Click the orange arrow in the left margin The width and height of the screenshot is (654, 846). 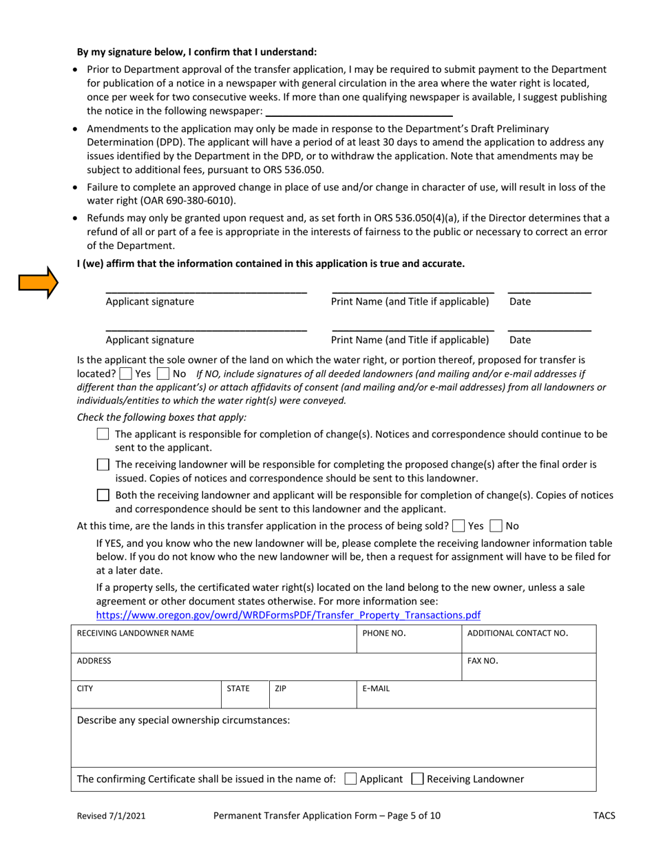(x=39, y=282)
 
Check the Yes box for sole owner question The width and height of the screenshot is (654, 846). (x=125, y=373)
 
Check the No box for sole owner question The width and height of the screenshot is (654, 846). (x=163, y=373)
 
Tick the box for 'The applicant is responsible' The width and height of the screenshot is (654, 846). (x=103, y=434)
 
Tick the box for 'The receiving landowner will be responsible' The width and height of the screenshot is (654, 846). (x=103, y=464)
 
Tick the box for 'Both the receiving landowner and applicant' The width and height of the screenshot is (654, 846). (x=103, y=495)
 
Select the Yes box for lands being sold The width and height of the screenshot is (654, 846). (x=458, y=526)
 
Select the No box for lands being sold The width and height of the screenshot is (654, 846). (x=496, y=526)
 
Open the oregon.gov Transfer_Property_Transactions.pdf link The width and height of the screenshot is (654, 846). (x=288, y=614)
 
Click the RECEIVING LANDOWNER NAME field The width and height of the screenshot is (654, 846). (x=213, y=640)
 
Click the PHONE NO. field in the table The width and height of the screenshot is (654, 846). (x=408, y=640)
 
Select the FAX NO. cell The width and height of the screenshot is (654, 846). (x=528, y=667)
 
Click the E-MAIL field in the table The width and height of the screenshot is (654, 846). (x=475, y=695)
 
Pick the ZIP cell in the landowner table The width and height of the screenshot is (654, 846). (x=312, y=695)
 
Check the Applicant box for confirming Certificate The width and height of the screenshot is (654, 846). (x=350, y=779)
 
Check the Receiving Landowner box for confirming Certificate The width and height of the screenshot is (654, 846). (x=417, y=779)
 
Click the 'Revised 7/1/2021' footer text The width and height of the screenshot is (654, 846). (x=111, y=816)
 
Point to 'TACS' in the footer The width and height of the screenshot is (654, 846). (x=604, y=816)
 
